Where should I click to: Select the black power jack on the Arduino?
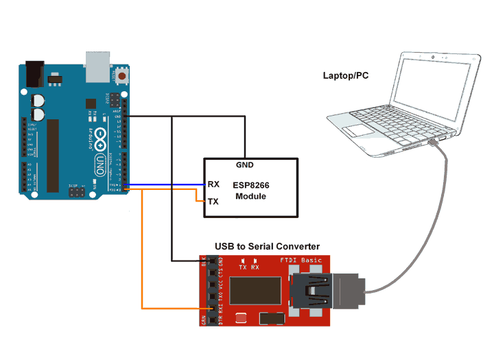point(34,73)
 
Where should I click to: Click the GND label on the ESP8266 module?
point(245,165)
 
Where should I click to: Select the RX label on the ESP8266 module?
point(213,184)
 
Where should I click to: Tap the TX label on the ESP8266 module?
point(213,202)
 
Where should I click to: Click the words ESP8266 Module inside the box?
point(251,191)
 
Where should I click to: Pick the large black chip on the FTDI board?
point(255,291)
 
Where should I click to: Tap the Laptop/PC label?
point(345,75)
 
